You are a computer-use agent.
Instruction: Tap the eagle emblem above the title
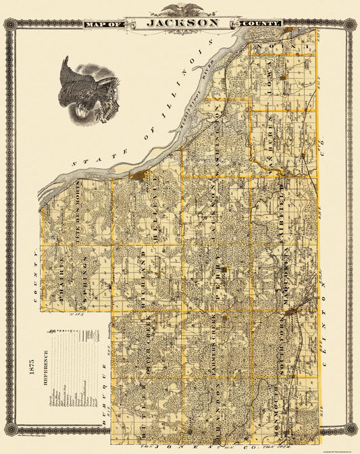pyautogui.click(x=180, y=9)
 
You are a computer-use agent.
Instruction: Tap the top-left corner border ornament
pyautogui.click(x=10, y=25)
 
